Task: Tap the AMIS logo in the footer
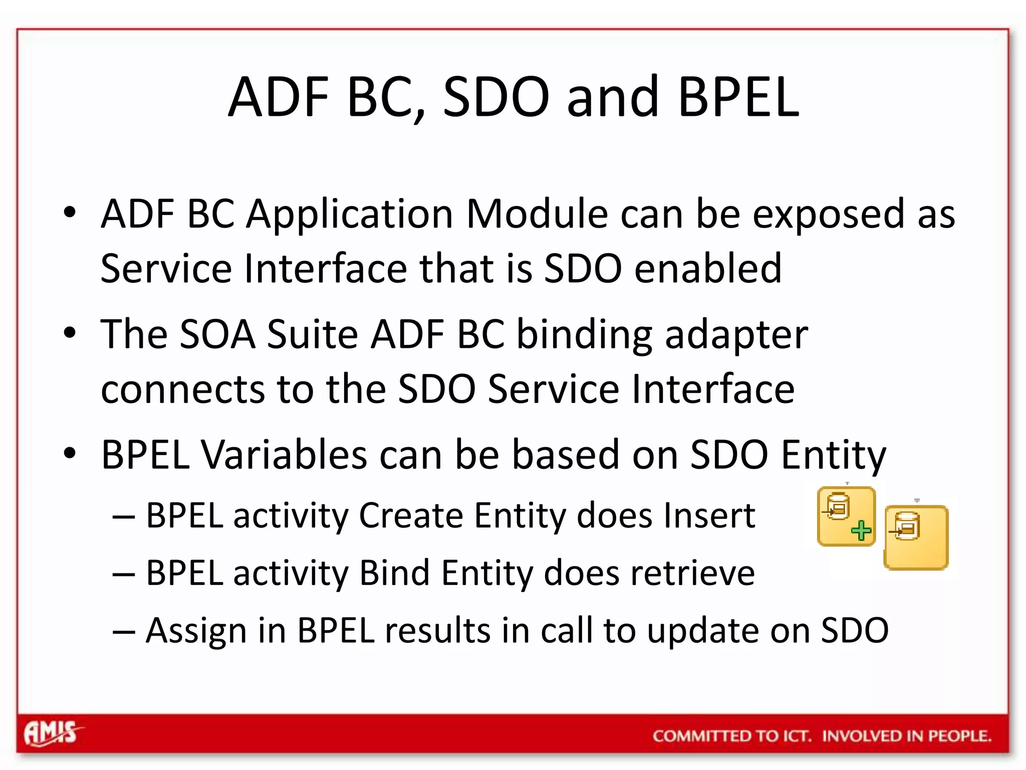point(52,734)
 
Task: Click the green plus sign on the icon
point(861,530)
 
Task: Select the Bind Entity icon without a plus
point(916,537)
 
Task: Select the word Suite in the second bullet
point(312,334)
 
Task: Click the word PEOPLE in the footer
point(959,736)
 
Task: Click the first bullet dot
point(70,213)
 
